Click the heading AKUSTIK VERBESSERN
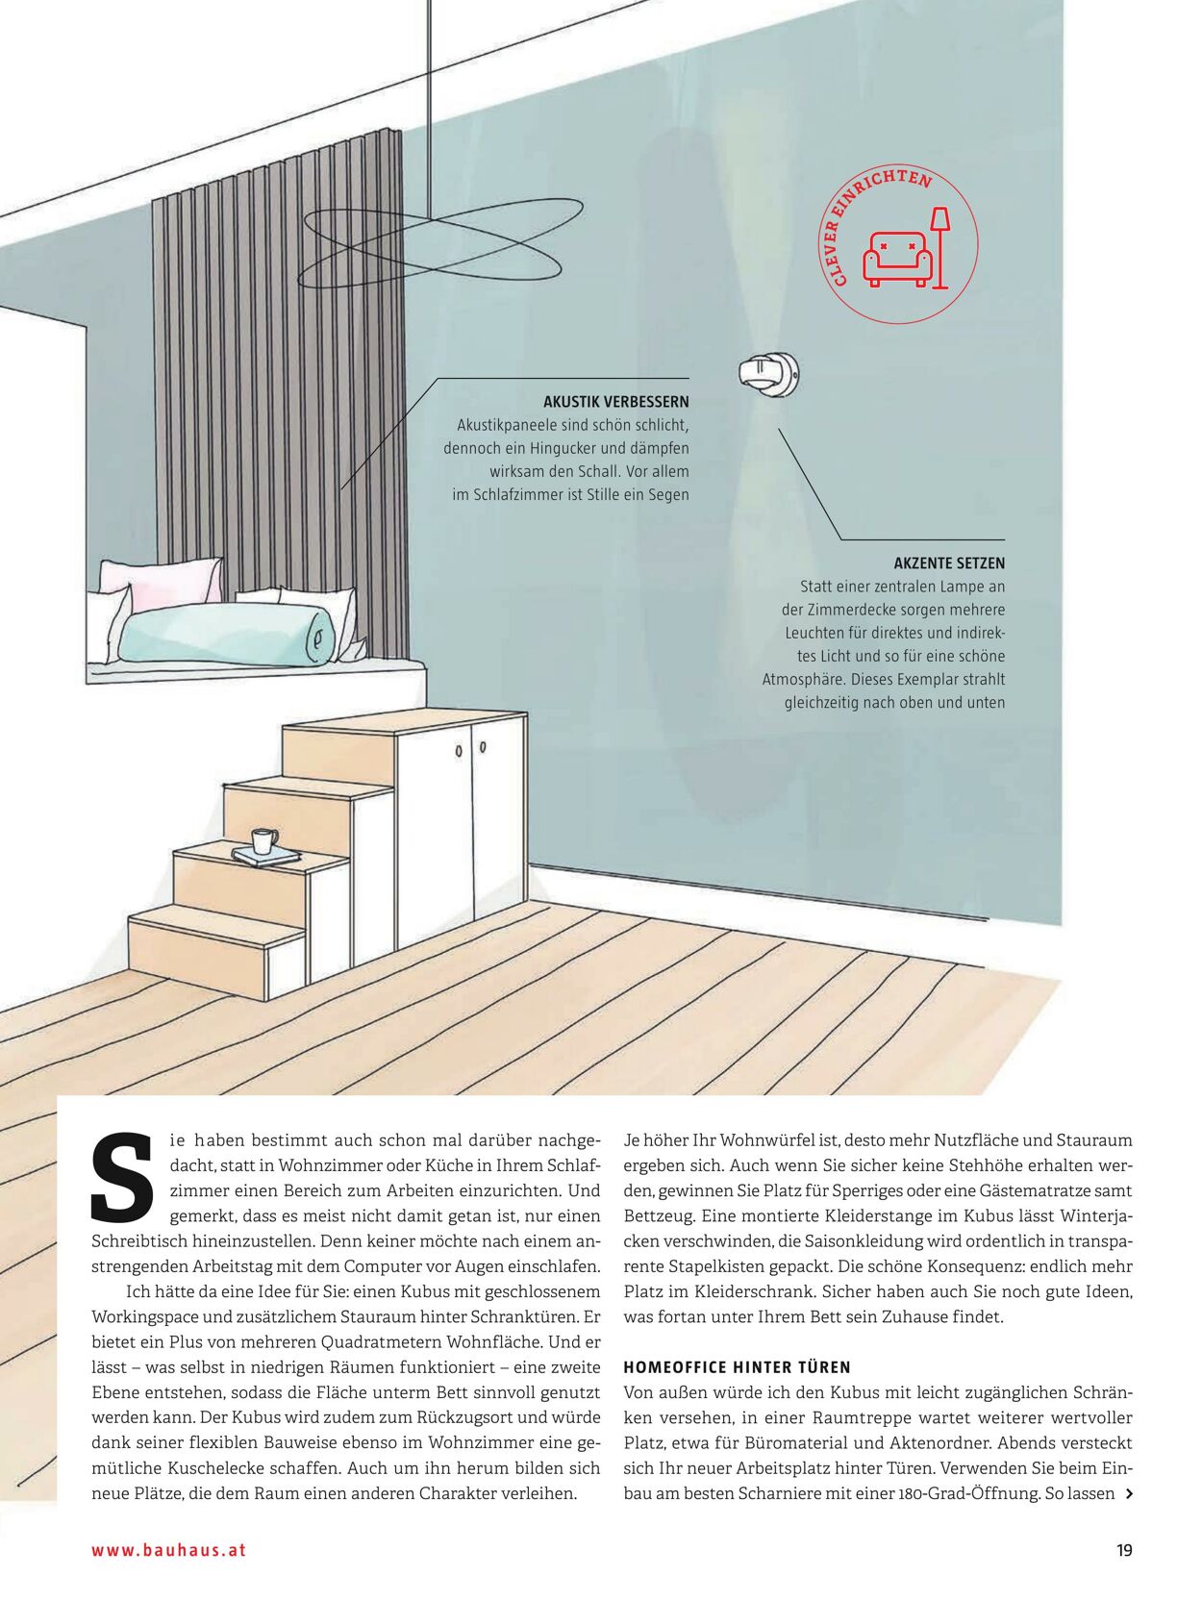point(615,402)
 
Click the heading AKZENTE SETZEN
point(948,563)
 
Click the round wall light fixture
point(768,372)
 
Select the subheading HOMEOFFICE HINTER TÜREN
point(737,1367)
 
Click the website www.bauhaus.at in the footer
point(169,1550)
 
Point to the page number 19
point(1124,1550)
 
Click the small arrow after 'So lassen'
point(1129,1494)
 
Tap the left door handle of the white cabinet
point(460,750)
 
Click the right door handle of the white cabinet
point(483,746)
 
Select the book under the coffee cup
point(265,855)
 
